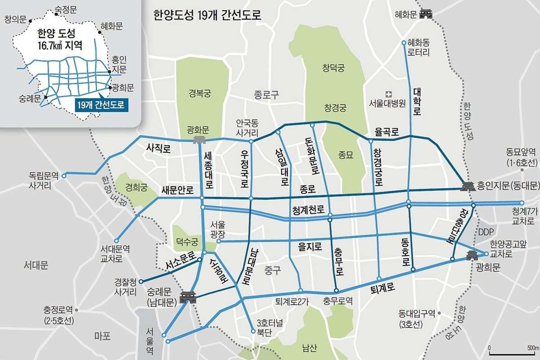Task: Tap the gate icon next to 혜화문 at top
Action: click(425, 14)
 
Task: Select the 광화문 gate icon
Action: click(198, 140)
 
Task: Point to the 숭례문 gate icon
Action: click(187, 297)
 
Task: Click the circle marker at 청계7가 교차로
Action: click(522, 203)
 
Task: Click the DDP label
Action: click(486, 233)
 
